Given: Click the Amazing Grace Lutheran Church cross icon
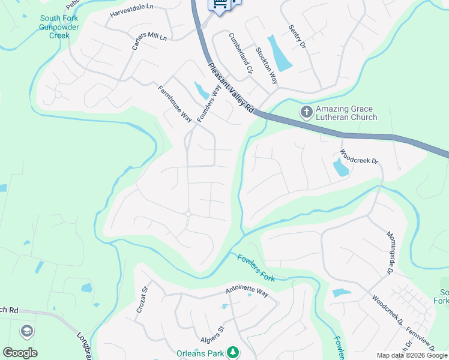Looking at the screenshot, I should coord(306,112).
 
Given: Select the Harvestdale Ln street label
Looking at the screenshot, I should coord(132,14).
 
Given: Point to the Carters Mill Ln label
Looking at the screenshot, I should coord(149,41).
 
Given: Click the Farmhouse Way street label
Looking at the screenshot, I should coord(175,104).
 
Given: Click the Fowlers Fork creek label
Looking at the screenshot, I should coord(256,268).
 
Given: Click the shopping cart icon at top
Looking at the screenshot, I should coord(220,5).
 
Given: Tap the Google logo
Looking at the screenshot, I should coord(20,353).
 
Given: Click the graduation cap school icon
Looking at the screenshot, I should coord(27,331).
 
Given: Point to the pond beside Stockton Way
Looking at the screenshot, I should coord(280,54).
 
